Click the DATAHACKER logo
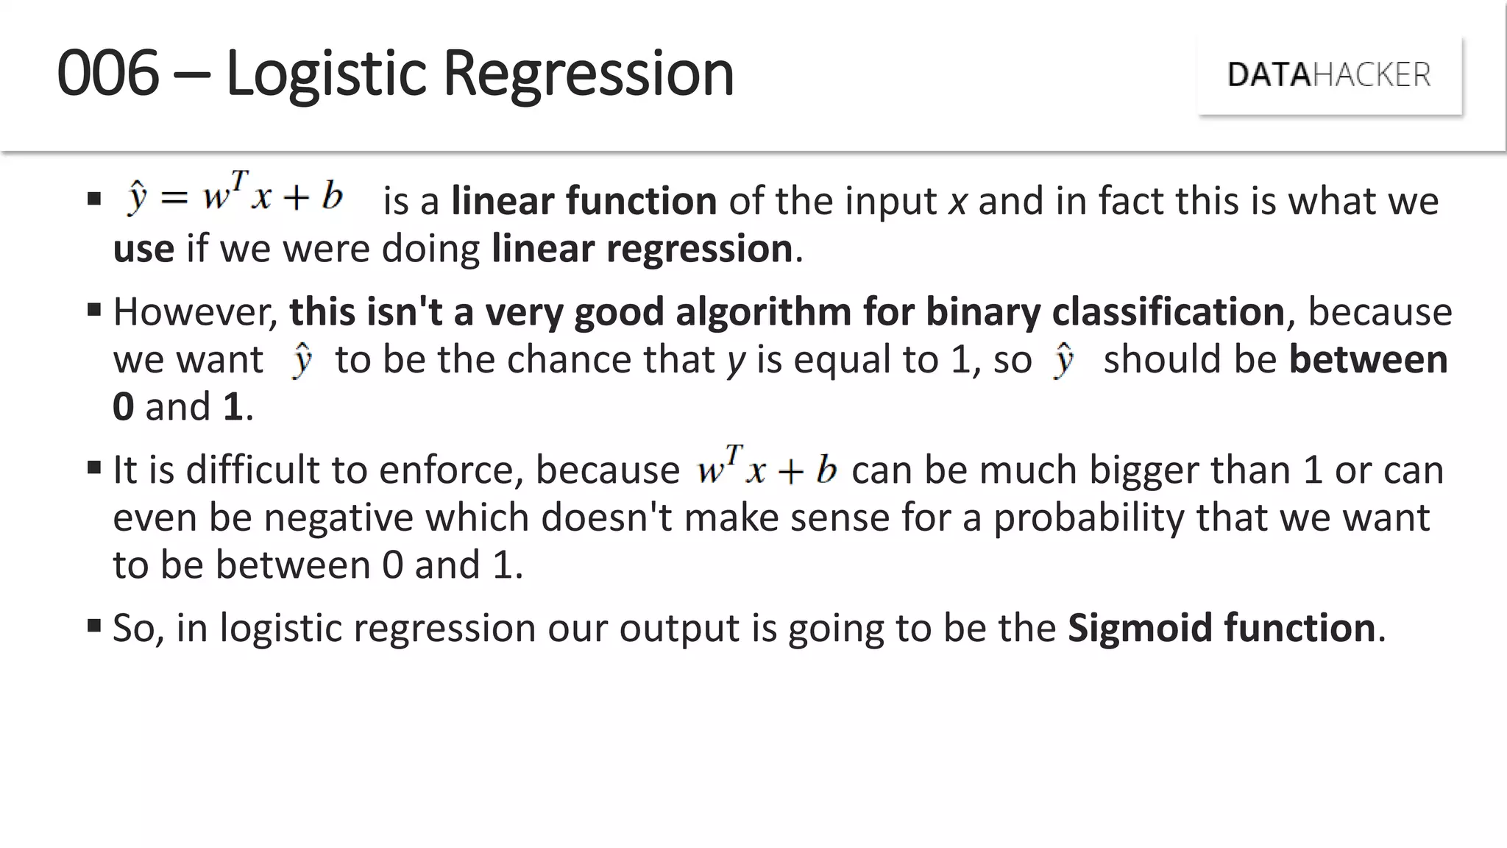[1329, 75]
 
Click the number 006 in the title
[108, 73]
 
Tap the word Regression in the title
[588, 73]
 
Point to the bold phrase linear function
[584, 201]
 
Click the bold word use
[143, 249]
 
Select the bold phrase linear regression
[642, 249]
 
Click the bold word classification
[1168, 312]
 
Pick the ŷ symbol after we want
[302, 360]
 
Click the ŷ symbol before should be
[1063, 360]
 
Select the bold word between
[1368, 360]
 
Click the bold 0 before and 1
[124, 407]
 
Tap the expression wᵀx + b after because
[766, 468]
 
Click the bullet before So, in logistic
[93, 626]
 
